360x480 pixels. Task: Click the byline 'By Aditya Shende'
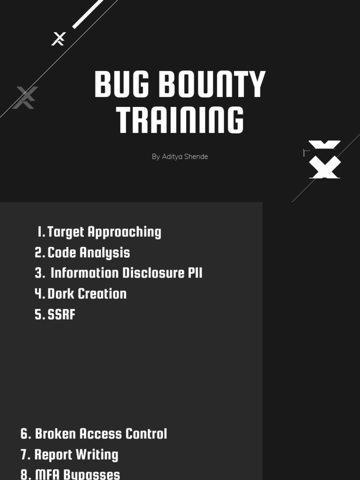(x=180, y=157)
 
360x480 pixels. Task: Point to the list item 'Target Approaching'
(x=104, y=232)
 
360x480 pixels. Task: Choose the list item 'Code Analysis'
(x=89, y=252)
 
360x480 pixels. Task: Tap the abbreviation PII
(x=195, y=273)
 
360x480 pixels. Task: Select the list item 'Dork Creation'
(x=87, y=293)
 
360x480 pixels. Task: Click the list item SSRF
(x=61, y=314)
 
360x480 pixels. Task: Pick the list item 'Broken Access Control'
(x=101, y=434)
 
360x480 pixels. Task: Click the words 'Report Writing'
(x=76, y=454)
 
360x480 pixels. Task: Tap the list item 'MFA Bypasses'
(x=77, y=474)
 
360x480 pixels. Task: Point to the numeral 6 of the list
(x=25, y=434)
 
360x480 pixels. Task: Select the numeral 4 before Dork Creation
(x=38, y=293)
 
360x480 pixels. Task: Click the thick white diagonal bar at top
(x=88, y=14)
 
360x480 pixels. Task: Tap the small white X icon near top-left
(x=58, y=38)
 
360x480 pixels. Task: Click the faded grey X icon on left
(x=25, y=97)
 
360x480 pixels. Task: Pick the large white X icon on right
(x=325, y=160)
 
